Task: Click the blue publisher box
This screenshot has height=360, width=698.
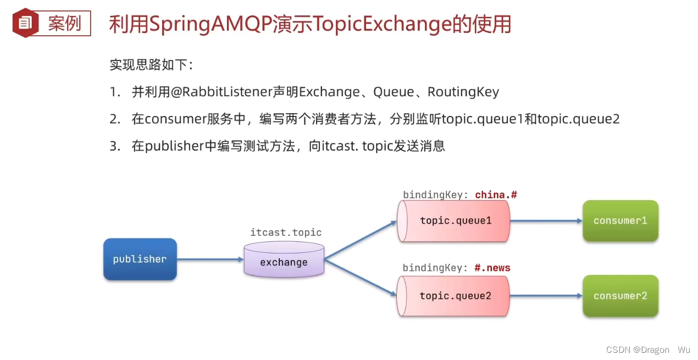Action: click(140, 259)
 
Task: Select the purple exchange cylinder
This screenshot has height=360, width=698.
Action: click(284, 260)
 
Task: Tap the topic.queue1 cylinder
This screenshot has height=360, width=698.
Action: click(455, 220)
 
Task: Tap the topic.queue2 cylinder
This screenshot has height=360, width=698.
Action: click(455, 296)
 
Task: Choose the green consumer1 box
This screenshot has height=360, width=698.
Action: click(620, 220)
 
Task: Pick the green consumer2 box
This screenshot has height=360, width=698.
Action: click(620, 296)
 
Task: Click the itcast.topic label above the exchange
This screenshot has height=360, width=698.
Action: click(286, 232)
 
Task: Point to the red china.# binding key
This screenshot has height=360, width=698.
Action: click(496, 195)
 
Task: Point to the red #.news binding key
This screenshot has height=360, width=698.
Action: click(492, 268)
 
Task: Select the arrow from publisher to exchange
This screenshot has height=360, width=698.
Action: click(210, 259)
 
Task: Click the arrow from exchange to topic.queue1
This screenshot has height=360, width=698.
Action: click(360, 240)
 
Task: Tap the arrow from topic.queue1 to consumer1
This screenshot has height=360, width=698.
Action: click(546, 220)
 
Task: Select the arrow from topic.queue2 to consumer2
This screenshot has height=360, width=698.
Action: click(546, 296)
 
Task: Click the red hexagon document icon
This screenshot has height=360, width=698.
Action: click(25, 23)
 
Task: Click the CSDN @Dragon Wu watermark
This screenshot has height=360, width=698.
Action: click(648, 350)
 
